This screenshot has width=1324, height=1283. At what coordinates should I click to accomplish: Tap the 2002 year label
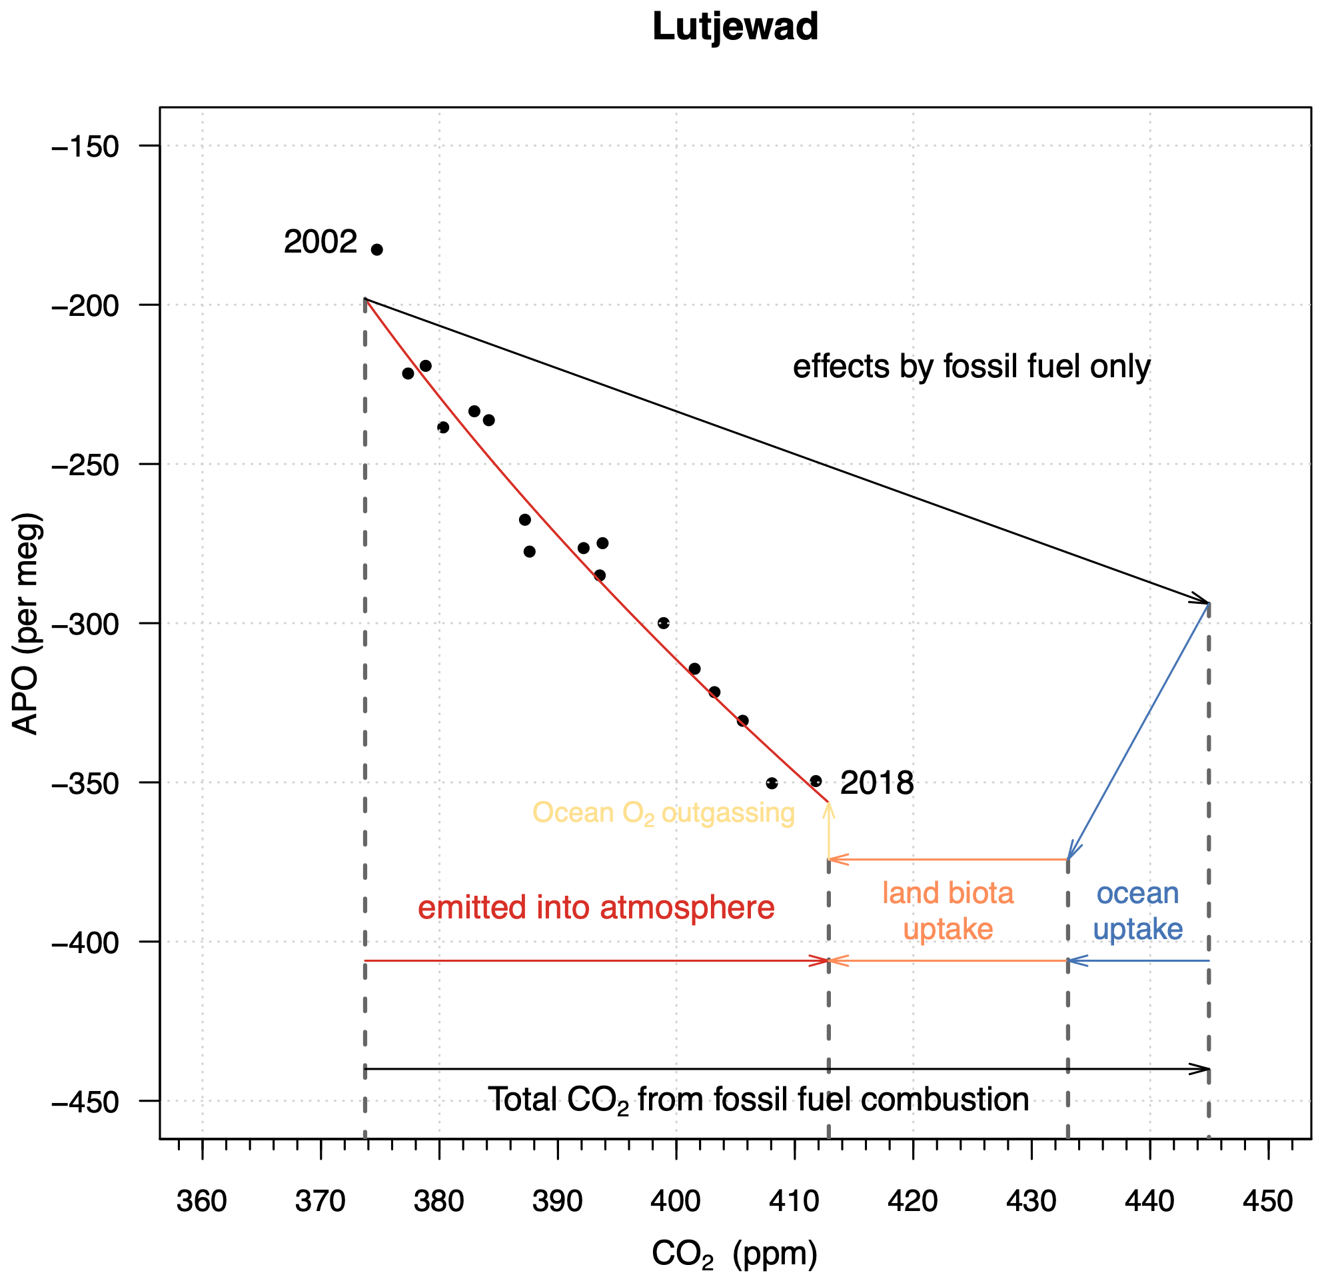pos(321,242)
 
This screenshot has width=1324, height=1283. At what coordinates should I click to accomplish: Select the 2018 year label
pos(877,783)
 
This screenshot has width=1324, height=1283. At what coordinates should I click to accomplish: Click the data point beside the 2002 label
pos(377,250)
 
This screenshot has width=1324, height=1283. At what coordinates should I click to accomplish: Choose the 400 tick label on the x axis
pos(676,1200)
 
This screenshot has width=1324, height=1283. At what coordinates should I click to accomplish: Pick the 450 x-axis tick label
pos(1268,1200)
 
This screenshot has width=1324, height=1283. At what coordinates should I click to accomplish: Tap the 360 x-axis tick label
pos(202,1200)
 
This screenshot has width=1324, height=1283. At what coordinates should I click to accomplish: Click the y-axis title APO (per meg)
pos(27,624)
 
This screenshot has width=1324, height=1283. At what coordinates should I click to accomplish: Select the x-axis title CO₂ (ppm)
pos(734,1254)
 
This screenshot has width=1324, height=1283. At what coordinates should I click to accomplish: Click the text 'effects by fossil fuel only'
pos(972,367)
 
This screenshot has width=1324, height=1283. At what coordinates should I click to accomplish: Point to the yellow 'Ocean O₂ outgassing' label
pos(664,812)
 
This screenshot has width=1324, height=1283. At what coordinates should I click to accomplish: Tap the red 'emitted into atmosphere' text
pos(596,907)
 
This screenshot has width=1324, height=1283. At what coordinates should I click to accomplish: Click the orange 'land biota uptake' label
pos(948,910)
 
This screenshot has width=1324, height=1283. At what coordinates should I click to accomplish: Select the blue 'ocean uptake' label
pos(1137,910)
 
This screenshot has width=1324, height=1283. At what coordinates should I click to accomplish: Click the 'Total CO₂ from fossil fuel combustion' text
pos(758,1100)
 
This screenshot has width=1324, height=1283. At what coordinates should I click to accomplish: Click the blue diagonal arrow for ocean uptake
pos(1137,731)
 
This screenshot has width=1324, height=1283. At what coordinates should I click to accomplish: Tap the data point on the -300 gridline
pos(664,623)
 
